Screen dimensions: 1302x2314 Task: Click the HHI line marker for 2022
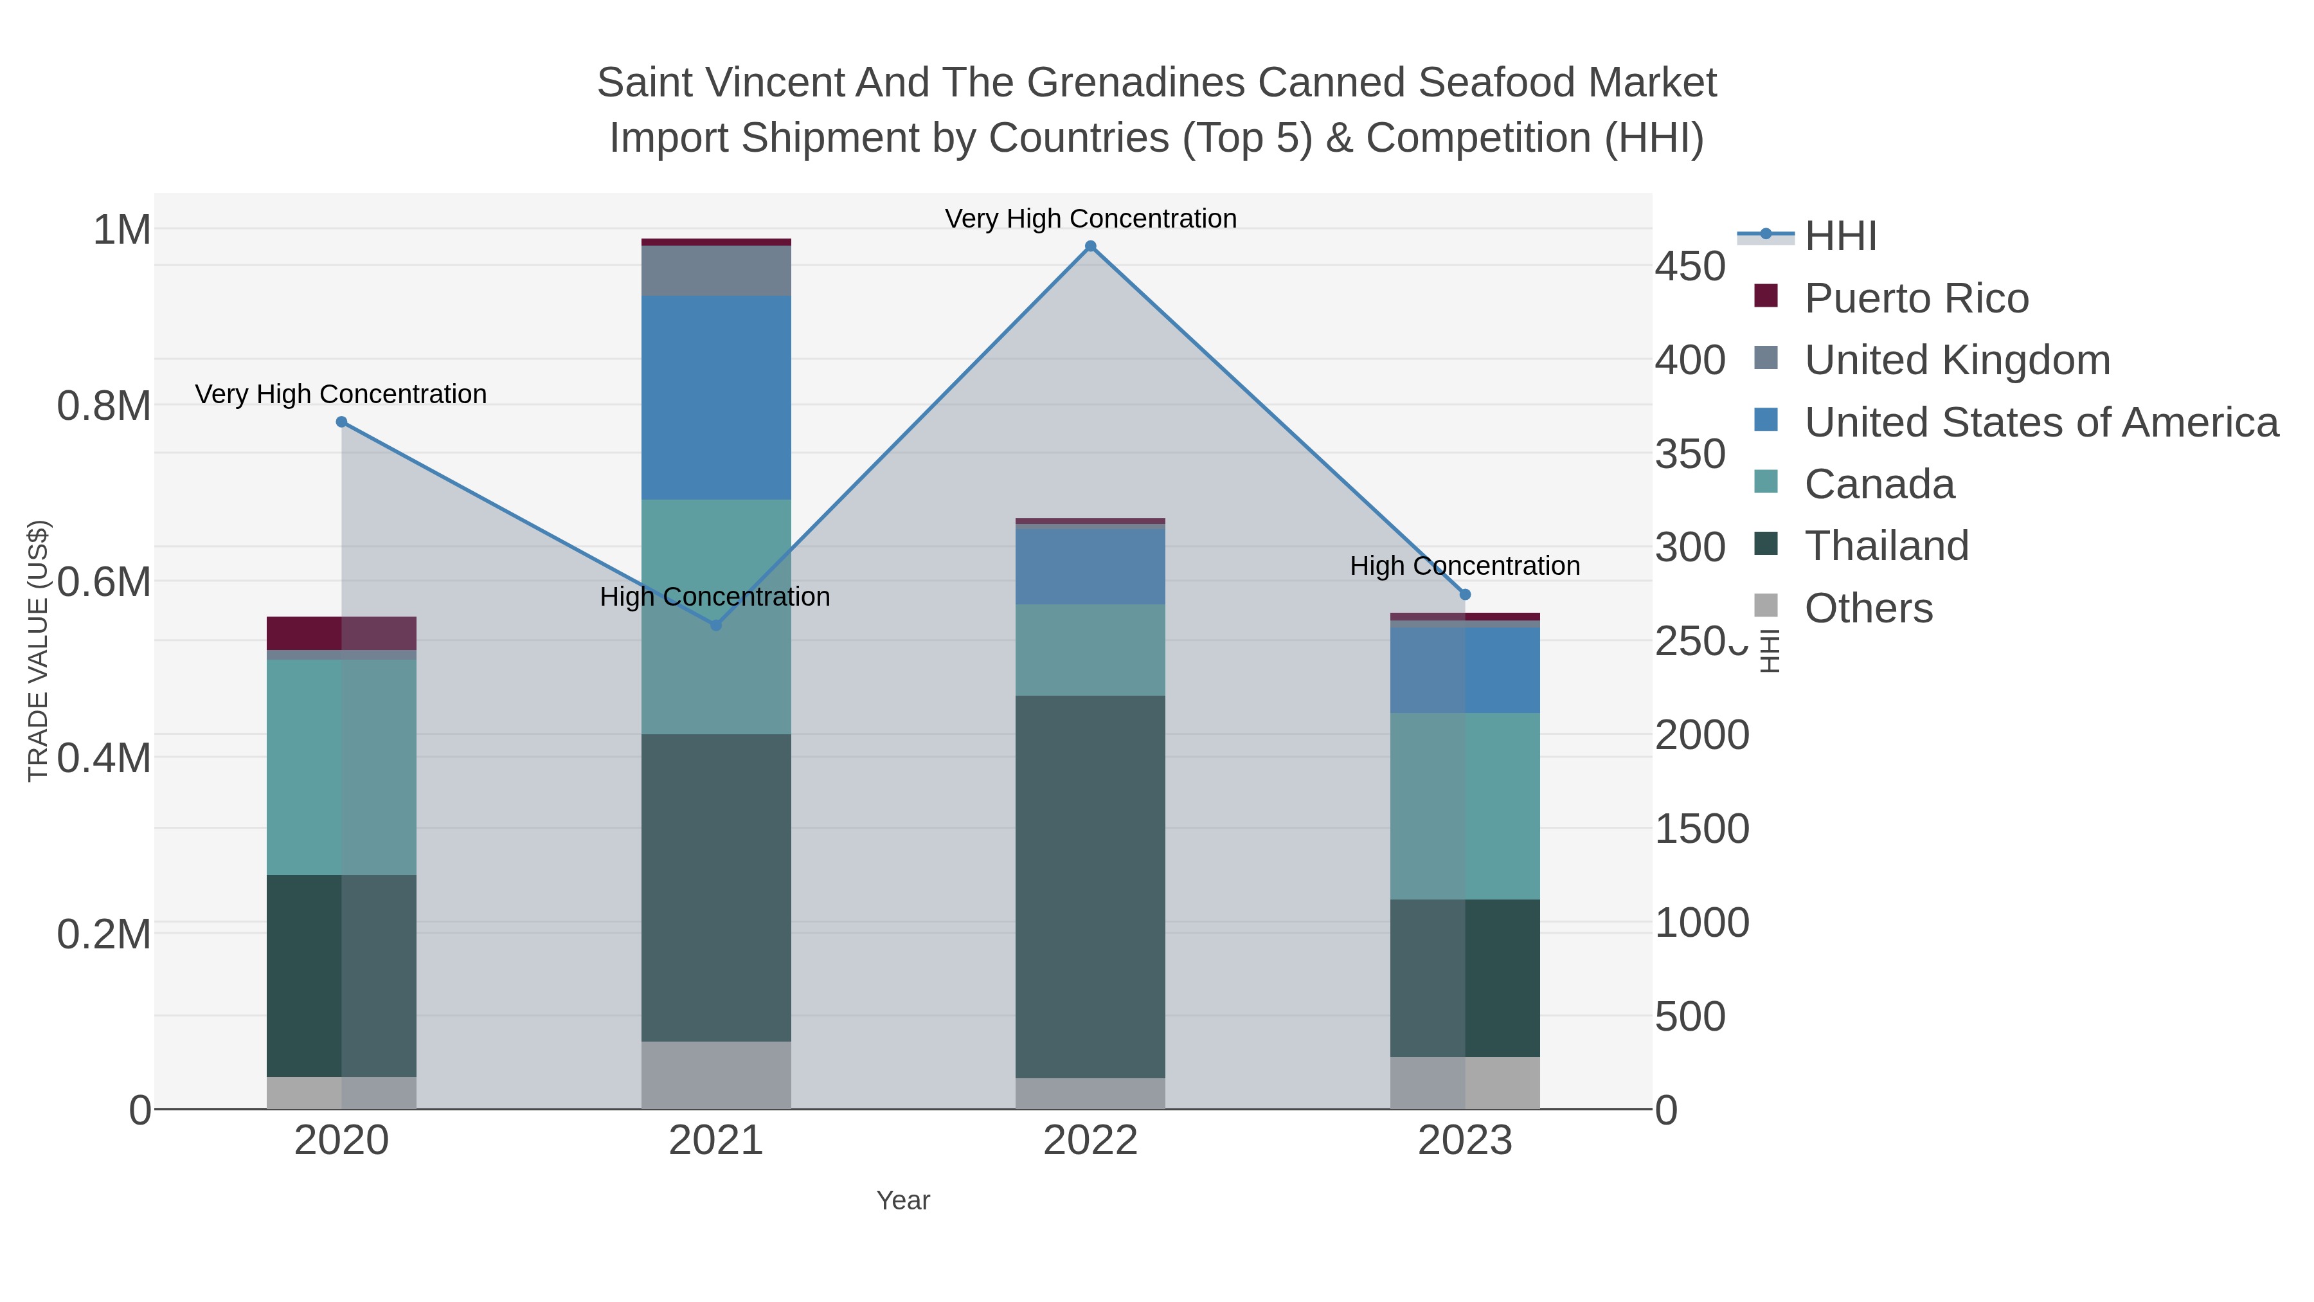tap(1091, 246)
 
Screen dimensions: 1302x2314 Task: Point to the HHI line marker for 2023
tap(1465, 595)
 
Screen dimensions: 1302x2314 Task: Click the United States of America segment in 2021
tap(716, 397)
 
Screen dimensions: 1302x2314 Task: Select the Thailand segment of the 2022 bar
tap(1091, 886)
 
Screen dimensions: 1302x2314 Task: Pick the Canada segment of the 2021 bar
tap(716, 617)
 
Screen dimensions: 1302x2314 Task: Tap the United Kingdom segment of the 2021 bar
tap(716, 271)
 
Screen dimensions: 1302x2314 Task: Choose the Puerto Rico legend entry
tap(1916, 298)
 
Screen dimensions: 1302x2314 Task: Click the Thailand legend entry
tap(1887, 547)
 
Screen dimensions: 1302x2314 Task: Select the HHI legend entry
tap(1840, 237)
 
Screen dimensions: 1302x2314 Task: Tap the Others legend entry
tap(1869, 608)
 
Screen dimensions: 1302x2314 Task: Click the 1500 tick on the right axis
tap(1701, 829)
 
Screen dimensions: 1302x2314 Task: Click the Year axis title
tap(903, 1200)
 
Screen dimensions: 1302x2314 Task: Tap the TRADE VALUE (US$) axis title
tap(39, 651)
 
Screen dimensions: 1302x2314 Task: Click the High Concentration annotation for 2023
tap(1464, 566)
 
